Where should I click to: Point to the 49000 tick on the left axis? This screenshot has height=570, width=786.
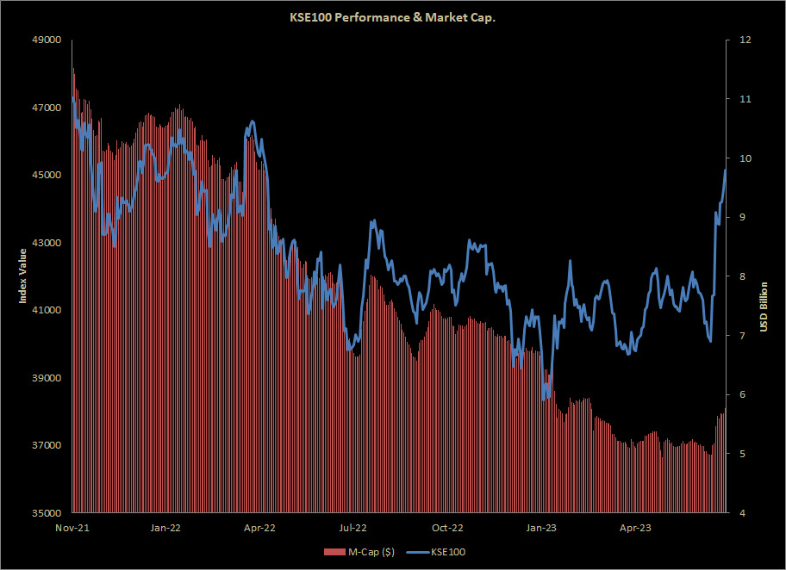coord(49,40)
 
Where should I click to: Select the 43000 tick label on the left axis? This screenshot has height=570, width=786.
coord(49,243)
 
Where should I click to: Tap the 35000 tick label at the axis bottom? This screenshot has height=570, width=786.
coord(49,513)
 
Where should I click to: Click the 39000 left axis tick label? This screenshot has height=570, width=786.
coord(49,378)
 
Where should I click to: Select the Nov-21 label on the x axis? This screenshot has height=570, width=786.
coord(72,527)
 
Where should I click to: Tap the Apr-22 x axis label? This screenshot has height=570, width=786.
coord(259,527)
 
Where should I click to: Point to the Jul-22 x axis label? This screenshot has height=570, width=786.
coord(353,527)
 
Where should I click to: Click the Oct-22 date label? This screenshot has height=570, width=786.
coord(447,527)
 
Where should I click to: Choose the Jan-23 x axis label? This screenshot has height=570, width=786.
coord(541,527)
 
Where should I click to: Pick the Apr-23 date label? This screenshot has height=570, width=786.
coord(635,527)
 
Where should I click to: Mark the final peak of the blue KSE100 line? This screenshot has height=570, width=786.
coord(726,170)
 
